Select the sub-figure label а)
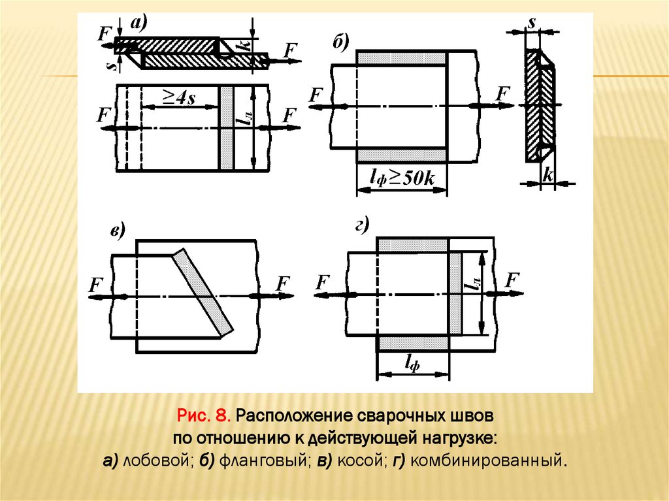[139, 24]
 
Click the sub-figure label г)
[363, 227]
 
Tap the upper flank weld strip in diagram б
[402, 57]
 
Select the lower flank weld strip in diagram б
[402, 155]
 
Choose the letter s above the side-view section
[532, 22]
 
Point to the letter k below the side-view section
[548, 174]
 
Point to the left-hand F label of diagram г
[322, 282]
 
